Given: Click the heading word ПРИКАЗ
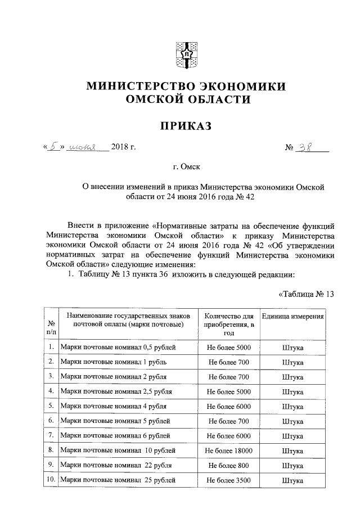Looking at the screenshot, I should [x=186, y=127].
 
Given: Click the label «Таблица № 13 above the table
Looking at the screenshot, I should [x=307, y=294].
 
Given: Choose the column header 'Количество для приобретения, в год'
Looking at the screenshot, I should [x=228, y=325].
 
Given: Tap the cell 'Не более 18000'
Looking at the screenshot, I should [x=228, y=451].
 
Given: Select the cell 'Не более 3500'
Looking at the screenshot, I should [x=228, y=480].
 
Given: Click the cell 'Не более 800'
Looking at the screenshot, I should [x=228, y=465].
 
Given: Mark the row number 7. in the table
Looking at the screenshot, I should [x=51, y=435].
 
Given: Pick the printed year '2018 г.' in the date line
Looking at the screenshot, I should [x=124, y=148].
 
